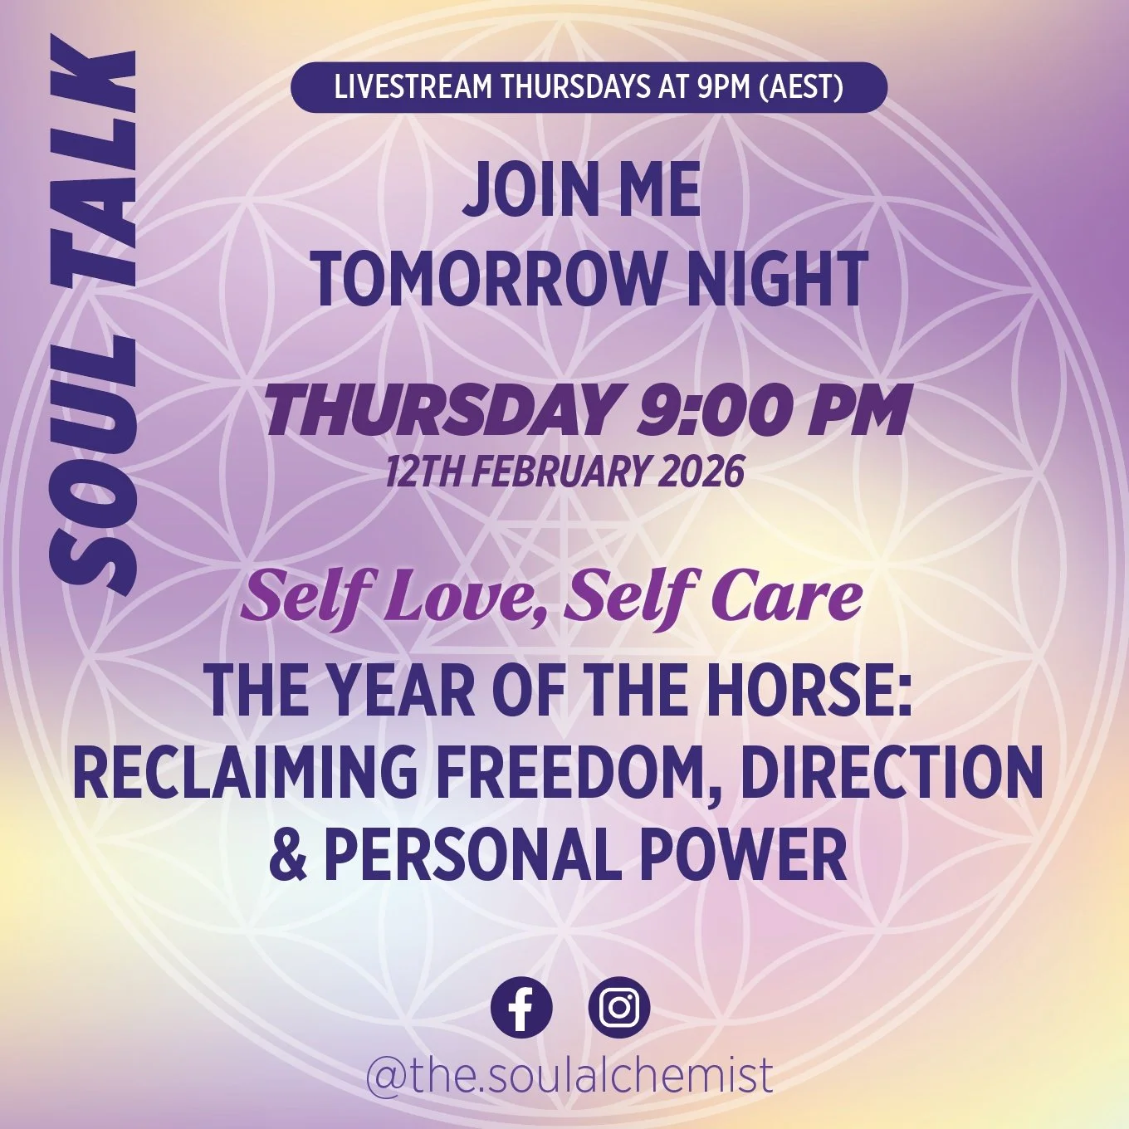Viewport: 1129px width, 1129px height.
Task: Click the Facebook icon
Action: point(521,1008)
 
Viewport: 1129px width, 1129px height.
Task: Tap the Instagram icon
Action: point(619,1008)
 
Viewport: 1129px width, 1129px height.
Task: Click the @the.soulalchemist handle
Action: point(569,1074)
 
